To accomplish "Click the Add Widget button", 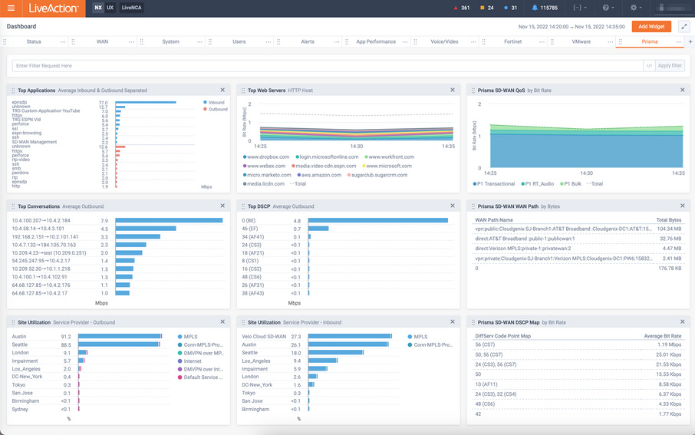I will pyautogui.click(x=651, y=26).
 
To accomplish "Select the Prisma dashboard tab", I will pyautogui.click(x=649, y=41).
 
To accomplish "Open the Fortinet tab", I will pyautogui.click(x=512, y=41).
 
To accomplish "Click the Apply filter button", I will pyautogui.click(x=670, y=66).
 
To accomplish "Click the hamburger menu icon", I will pyautogui.click(x=11, y=8).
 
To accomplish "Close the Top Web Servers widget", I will pyautogui.click(x=453, y=90).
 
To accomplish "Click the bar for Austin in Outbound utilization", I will pyautogui.click(x=120, y=336).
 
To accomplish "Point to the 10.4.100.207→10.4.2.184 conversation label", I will pyautogui.click(x=41, y=220).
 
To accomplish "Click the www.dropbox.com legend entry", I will pyautogui.click(x=265, y=157).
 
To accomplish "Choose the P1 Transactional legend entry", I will pyautogui.click(x=495, y=183).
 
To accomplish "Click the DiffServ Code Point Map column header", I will pyautogui.click(x=503, y=336).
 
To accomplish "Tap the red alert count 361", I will pyautogui.click(x=461, y=8).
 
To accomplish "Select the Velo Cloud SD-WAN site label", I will pyautogui.click(x=264, y=336).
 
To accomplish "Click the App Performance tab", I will pyautogui.click(x=376, y=41).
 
